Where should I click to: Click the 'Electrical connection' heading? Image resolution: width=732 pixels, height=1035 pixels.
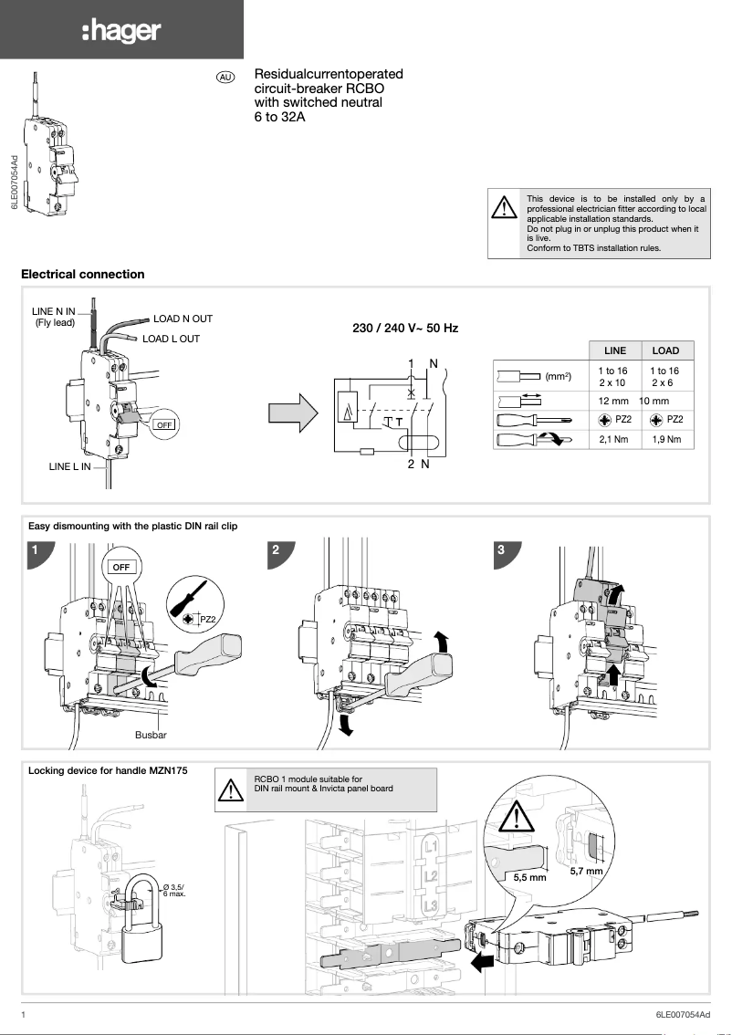[x=82, y=274]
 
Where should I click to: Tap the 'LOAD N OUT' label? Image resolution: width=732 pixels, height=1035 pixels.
[x=183, y=319]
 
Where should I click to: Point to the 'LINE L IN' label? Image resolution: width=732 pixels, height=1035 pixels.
[x=70, y=466]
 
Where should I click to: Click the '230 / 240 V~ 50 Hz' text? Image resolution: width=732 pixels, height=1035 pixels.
[x=405, y=328]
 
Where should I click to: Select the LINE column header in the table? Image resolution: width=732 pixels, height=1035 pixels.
[x=615, y=350]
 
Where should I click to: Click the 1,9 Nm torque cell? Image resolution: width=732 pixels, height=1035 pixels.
[x=666, y=440]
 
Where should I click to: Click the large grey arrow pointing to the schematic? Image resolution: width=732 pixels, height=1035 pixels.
[x=294, y=413]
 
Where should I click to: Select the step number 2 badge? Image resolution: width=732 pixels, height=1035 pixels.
[x=277, y=550]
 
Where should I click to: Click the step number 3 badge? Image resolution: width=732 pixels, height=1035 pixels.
[x=501, y=550]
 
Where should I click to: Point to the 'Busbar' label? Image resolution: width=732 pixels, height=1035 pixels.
[x=151, y=734]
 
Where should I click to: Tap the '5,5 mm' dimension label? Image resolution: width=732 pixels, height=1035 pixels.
[x=530, y=877]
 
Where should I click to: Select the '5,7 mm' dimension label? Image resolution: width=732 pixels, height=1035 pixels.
[x=586, y=872]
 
